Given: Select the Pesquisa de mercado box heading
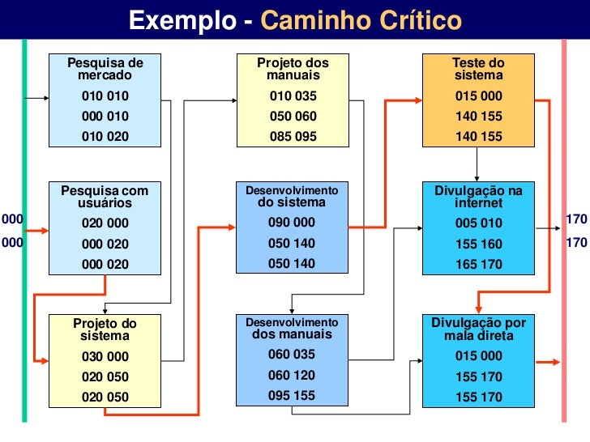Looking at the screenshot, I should tap(105, 69).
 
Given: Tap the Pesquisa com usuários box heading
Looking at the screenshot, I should tap(105, 197).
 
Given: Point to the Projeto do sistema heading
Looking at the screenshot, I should tap(105, 329).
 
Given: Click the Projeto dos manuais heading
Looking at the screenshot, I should tap(293, 69).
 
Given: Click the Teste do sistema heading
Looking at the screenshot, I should tap(478, 69).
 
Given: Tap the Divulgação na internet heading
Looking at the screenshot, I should tap(478, 197).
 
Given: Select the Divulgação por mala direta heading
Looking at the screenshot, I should tap(478, 329).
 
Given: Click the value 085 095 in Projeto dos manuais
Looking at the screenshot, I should tap(293, 137).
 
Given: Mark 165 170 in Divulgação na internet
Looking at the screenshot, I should tap(478, 264).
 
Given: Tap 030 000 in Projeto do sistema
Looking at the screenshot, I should tap(105, 356).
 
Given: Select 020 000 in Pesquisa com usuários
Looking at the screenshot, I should tap(105, 223).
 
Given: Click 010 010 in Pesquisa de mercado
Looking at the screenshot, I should tap(105, 96).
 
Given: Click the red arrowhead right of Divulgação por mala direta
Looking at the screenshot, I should tap(554, 362).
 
